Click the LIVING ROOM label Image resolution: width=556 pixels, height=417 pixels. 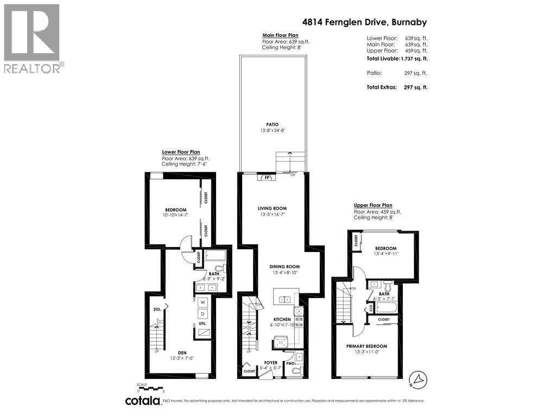coord(272,208)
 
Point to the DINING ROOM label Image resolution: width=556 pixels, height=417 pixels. coord(285,267)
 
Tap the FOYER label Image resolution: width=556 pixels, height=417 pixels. coord(271,362)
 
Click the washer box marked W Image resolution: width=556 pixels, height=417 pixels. coord(203,302)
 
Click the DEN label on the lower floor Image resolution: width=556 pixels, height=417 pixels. coord(175,352)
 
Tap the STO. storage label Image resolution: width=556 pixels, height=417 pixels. coord(157,310)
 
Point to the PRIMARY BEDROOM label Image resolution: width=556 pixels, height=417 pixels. coord(367,346)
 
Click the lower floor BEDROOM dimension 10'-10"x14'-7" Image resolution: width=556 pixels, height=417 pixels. coord(176,216)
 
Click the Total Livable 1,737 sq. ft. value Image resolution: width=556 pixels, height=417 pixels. coord(414,58)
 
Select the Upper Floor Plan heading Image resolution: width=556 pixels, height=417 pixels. coord(373,206)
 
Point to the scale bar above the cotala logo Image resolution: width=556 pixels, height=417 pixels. coord(150,388)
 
